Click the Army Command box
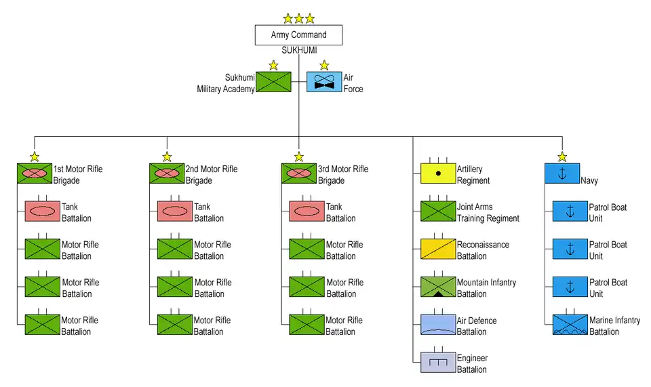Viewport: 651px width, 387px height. click(298, 35)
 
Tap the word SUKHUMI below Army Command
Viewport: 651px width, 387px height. click(299, 51)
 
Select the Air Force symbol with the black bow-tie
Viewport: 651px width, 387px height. click(324, 82)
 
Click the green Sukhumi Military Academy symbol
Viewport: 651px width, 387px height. click(273, 82)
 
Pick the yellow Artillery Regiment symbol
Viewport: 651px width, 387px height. click(437, 174)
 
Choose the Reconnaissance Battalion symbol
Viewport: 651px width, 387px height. click(437, 249)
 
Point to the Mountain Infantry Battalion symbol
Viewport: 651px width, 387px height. click(437, 287)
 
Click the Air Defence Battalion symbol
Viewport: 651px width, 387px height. click(437, 325)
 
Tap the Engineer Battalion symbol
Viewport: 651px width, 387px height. click(437, 363)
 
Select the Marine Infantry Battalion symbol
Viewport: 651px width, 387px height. click(570, 325)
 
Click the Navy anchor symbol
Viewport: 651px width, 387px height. click(562, 174)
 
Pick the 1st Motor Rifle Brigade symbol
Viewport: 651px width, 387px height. click(35, 174)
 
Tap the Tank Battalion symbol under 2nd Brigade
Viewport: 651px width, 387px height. click(175, 211)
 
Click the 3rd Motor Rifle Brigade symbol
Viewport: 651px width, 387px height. click(298, 174)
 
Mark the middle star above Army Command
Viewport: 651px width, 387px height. click(299, 18)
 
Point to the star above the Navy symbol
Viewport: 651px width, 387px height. click(562, 157)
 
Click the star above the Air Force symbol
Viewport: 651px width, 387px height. click(324, 66)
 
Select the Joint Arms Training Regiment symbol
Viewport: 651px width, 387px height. click(437, 211)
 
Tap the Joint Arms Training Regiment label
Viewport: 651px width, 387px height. click(488, 212)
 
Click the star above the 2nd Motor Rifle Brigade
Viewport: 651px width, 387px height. click(167, 157)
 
